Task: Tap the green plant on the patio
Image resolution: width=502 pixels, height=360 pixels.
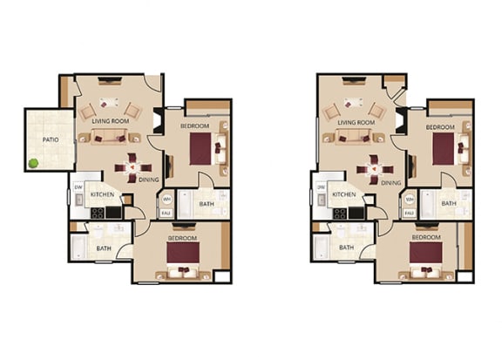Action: (x=34, y=163)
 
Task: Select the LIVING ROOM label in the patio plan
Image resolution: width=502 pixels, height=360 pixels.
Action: (x=112, y=122)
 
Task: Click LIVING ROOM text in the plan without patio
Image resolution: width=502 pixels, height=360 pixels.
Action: (x=356, y=123)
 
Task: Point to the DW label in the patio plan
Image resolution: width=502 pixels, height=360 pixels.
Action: (x=78, y=187)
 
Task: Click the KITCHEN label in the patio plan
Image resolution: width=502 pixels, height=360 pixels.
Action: (x=105, y=194)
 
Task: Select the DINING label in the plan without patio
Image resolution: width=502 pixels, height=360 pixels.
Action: (x=390, y=183)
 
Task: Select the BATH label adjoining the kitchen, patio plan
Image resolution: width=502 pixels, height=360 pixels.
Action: (x=104, y=247)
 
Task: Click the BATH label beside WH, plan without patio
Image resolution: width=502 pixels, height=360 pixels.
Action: (x=448, y=203)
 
